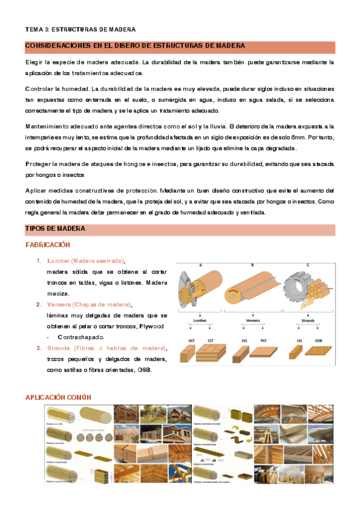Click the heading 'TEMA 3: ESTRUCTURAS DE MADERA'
pos(80,29)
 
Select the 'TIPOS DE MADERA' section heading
pos(55,229)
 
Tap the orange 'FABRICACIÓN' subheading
pos(47,245)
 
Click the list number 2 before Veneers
pos(38,304)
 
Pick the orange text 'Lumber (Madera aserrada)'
pos(85,260)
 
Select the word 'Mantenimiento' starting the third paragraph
pos(49,126)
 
